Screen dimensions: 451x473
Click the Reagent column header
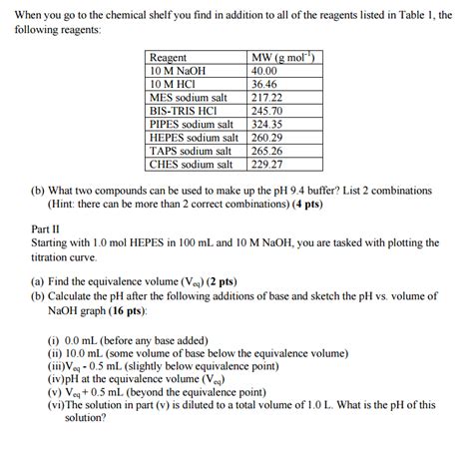click(168, 59)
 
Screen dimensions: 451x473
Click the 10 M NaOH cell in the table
click(177, 72)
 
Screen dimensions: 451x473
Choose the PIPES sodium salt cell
click(193, 125)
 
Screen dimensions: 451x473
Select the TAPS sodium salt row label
click(191, 151)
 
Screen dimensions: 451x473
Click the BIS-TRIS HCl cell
click(183, 111)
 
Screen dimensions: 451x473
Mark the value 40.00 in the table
click(264, 72)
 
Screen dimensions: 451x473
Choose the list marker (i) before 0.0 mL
click(54, 339)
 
